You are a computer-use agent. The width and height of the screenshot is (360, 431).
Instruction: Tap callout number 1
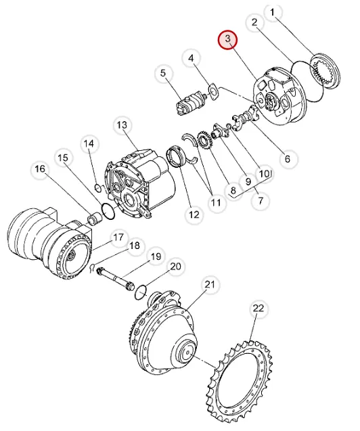point(272,12)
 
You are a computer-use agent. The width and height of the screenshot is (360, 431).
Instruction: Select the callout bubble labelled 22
point(258,309)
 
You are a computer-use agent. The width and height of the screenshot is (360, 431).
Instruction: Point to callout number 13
point(122,125)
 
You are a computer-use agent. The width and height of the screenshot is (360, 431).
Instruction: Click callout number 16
point(40,168)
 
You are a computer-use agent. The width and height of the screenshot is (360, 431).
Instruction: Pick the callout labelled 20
point(176,267)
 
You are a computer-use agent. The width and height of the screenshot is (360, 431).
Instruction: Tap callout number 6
point(288,158)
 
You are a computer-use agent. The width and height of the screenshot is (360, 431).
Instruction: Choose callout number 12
point(194,214)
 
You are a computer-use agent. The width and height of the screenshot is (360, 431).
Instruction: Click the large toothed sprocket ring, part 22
point(240,381)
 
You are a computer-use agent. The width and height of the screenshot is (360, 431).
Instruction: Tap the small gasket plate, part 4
point(213,92)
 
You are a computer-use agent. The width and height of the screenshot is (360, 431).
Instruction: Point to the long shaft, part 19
point(115,279)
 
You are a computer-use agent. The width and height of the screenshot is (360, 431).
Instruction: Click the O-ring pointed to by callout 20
point(141,292)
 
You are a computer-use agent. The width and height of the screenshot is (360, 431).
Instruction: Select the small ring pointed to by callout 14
point(97,187)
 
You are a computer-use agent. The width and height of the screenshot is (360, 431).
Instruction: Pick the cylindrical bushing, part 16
point(95,217)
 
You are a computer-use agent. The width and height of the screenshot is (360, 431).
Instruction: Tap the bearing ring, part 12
point(175,157)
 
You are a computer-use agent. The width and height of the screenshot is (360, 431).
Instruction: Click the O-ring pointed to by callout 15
point(108,211)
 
